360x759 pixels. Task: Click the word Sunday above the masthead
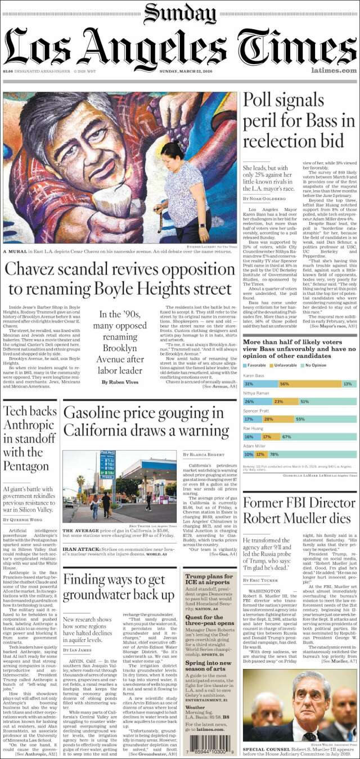click(179, 13)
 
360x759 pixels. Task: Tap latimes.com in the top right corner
click(334, 70)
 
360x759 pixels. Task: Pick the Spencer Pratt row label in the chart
click(256, 411)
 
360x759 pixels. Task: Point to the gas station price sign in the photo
click(107, 464)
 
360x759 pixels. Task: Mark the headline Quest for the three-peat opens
click(210, 619)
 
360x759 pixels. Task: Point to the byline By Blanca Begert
click(203, 454)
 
